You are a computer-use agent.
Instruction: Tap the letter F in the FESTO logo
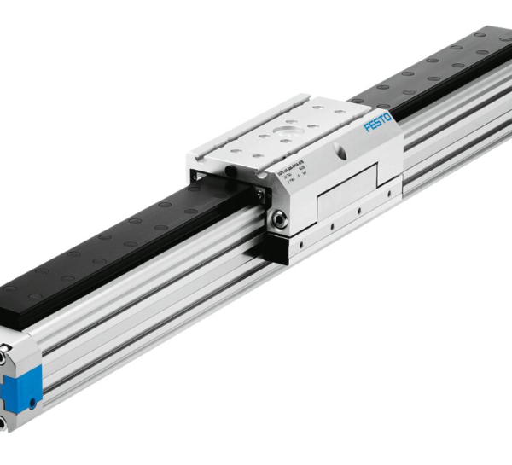pos(368,129)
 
